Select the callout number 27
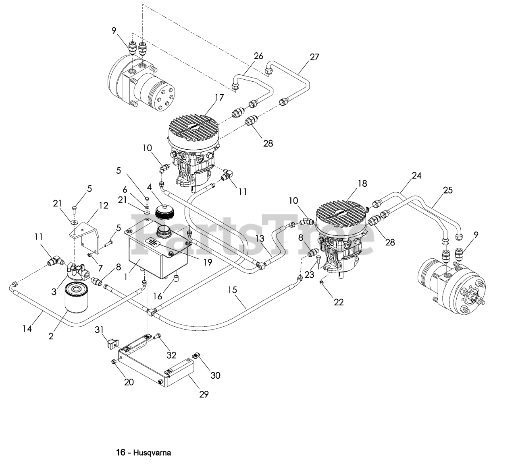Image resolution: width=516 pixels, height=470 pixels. (314, 57)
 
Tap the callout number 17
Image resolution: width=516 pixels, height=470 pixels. (219, 97)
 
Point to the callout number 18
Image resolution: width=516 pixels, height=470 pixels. (362, 183)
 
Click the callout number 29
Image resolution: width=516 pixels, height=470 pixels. (204, 394)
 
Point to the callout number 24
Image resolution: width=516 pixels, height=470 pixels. (416, 175)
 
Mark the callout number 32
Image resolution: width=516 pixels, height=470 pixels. (171, 355)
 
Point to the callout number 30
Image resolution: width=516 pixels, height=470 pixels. (216, 375)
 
